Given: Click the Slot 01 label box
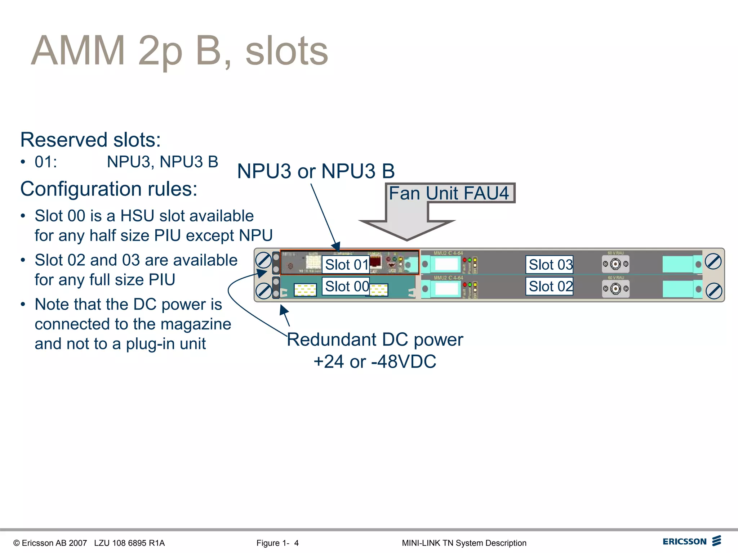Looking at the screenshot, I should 346,265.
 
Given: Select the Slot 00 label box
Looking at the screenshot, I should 346,287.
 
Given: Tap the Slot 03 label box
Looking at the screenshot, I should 550,265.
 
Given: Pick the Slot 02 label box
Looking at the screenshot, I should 550,287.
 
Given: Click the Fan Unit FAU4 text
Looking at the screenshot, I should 449,193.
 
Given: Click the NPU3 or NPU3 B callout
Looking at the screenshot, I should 316,171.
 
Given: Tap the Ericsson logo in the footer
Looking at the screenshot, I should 692,541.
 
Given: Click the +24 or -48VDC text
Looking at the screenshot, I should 375,361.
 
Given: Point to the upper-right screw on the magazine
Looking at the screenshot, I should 713,262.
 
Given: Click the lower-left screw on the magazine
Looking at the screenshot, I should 263,291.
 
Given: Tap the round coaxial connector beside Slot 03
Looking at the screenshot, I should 615,264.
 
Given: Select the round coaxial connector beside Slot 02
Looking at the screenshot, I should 615,289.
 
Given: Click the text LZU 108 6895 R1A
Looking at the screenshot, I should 129,543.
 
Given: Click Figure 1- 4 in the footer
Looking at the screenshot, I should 277,543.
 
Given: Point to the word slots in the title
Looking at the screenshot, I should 286,51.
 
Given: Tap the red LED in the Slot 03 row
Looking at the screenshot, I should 464,260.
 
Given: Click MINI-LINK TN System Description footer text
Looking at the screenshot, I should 464,543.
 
